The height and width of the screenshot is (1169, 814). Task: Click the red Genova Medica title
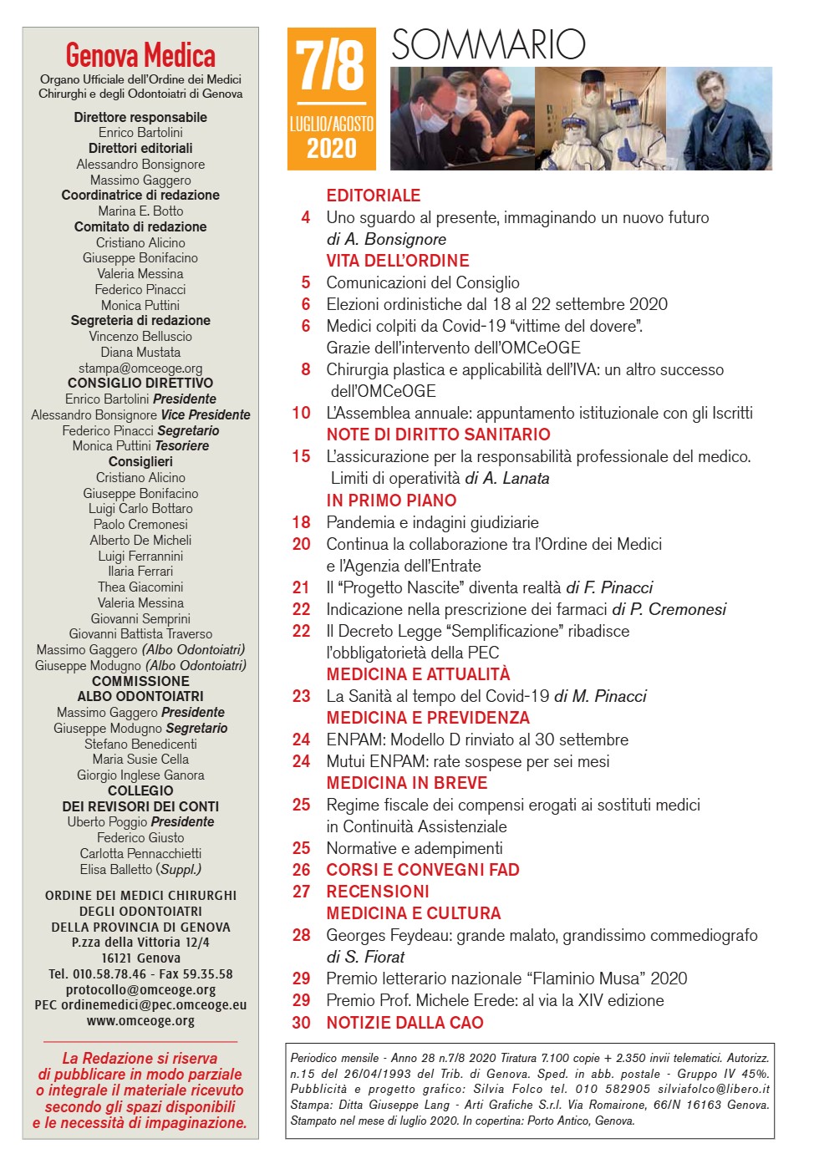click(x=140, y=56)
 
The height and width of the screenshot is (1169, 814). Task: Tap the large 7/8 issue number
click(x=331, y=67)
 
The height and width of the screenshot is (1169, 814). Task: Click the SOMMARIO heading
click(x=488, y=44)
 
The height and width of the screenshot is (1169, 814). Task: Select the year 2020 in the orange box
click(x=331, y=149)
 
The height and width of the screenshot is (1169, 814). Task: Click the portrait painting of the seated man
click(x=719, y=119)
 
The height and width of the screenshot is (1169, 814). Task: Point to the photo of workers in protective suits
click(x=599, y=119)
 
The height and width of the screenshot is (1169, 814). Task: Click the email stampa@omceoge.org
click(x=140, y=368)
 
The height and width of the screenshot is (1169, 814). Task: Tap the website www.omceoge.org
click(x=140, y=1020)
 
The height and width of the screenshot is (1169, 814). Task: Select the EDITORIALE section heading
click(x=374, y=196)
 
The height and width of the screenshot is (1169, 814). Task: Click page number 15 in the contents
click(x=301, y=456)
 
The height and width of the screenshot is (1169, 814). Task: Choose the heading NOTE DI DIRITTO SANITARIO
click(x=438, y=435)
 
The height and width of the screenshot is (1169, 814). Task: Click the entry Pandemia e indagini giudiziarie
click(x=432, y=522)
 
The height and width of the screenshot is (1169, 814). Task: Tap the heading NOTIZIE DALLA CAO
click(x=404, y=1023)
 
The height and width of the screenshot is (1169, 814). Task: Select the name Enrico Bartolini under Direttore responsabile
click(x=140, y=133)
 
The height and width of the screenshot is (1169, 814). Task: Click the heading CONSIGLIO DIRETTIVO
click(x=140, y=384)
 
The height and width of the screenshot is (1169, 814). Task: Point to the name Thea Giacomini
click(x=140, y=587)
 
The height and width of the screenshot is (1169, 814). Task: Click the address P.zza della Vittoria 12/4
click(x=140, y=943)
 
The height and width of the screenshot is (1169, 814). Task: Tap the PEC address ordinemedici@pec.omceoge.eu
click(x=140, y=1005)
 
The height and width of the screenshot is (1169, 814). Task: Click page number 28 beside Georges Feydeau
click(x=301, y=935)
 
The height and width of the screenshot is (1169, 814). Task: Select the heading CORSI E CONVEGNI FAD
click(x=423, y=870)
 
